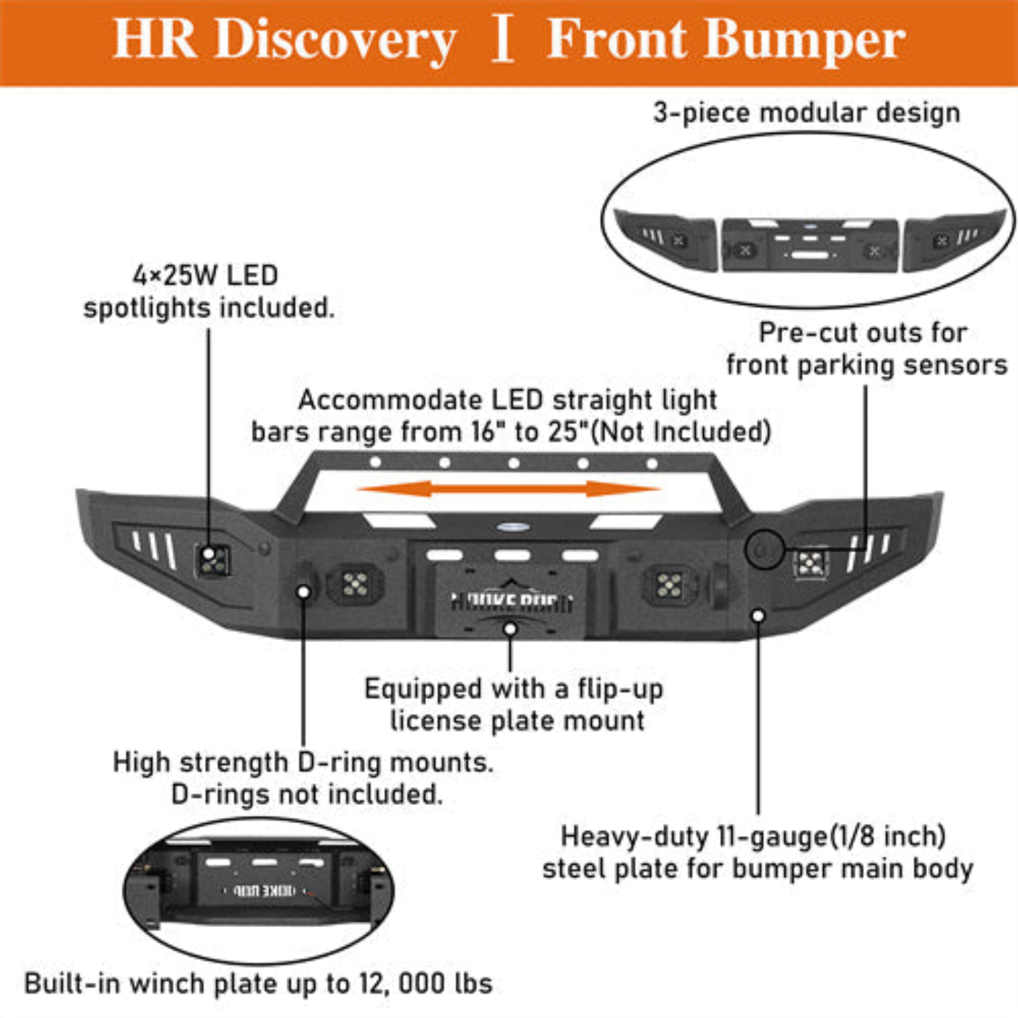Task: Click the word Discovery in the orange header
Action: [x=335, y=39]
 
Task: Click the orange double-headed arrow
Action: [x=509, y=489]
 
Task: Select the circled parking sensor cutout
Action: [x=763, y=549]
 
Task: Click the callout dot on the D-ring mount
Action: [x=304, y=591]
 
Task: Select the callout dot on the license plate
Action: [x=510, y=628]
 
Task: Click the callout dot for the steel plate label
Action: [x=758, y=616]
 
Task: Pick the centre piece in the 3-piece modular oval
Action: [x=809, y=245]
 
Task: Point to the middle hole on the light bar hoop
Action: [x=513, y=463]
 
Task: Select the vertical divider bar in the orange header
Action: [x=502, y=39]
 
